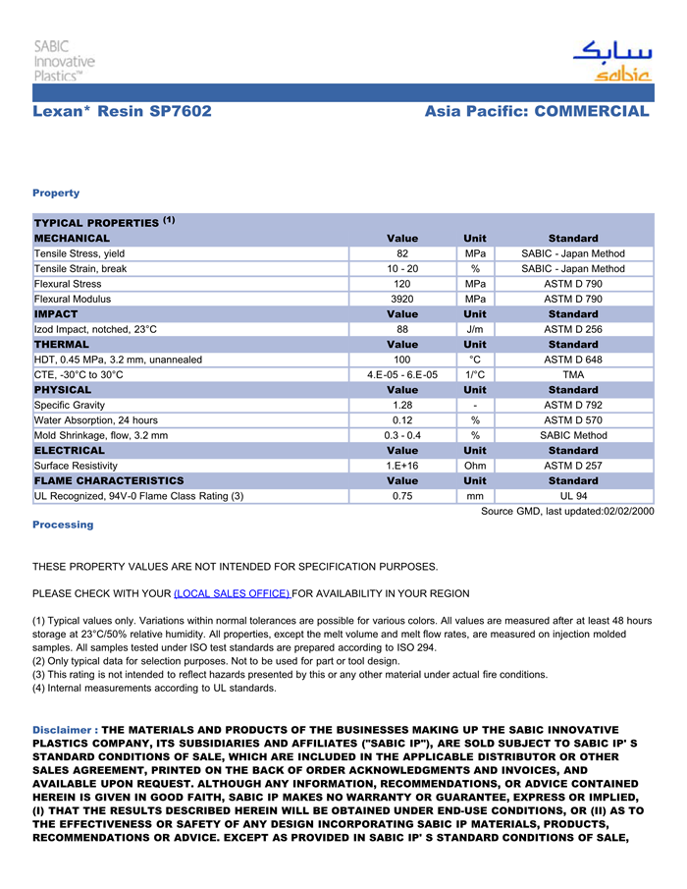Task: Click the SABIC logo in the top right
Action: tap(611, 60)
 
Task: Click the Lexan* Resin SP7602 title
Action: tap(122, 111)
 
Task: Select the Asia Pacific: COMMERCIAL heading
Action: tap(537, 111)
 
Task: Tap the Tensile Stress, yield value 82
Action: tap(402, 253)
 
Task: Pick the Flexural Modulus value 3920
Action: tap(402, 299)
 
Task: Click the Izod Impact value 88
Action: tap(402, 329)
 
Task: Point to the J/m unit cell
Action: tap(474, 329)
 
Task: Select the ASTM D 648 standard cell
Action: tap(573, 360)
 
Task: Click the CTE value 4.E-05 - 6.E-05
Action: tap(402, 374)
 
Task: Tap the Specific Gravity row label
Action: tap(70, 405)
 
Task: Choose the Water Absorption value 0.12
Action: tap(402, 420)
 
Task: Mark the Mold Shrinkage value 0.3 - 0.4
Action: tap(402, 435)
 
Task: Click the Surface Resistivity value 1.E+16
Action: tap(402, 466)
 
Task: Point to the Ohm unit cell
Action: tap(474, 466)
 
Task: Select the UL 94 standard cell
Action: tap(573, 496)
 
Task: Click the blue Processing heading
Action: tap(63, 525)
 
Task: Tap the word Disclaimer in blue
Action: tap(65, 731)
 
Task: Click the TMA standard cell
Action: tap(573, 374)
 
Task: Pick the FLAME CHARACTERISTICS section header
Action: tap(109, 480)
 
